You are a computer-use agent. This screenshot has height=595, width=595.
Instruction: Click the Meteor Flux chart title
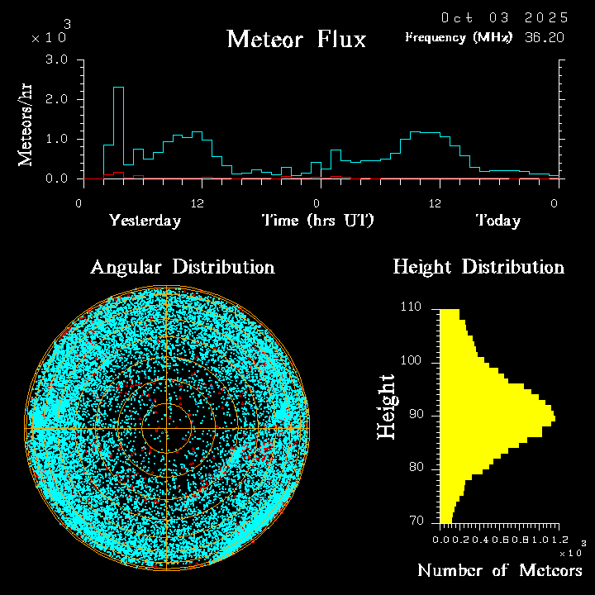point(296,39)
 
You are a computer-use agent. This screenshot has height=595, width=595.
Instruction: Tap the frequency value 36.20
point(545,37)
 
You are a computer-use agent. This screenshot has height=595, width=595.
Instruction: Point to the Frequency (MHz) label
point(459,37)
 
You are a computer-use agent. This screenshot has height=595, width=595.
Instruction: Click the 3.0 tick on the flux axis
point(56,60)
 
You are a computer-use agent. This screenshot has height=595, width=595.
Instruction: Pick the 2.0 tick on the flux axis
point(56,100)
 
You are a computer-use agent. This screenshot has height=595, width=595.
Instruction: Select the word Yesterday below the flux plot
point(145,221)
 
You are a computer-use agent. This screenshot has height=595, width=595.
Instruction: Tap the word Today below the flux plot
point(497,221)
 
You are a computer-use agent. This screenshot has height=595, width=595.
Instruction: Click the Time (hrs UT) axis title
point(318,221)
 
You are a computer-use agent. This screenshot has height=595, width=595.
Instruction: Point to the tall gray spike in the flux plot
point(118,124)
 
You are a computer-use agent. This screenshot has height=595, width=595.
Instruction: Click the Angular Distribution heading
point(182,267)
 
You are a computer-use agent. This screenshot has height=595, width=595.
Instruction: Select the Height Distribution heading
point(478,267)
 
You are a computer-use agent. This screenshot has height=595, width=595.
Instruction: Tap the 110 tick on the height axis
point(412,307)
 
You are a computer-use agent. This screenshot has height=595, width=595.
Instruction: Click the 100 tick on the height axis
point(412,361)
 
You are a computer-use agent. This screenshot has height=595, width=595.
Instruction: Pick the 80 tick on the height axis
point(414,468)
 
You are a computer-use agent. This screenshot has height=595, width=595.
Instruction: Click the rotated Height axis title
point(386,407)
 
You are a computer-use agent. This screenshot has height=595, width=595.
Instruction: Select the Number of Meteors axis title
point(499,571)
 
